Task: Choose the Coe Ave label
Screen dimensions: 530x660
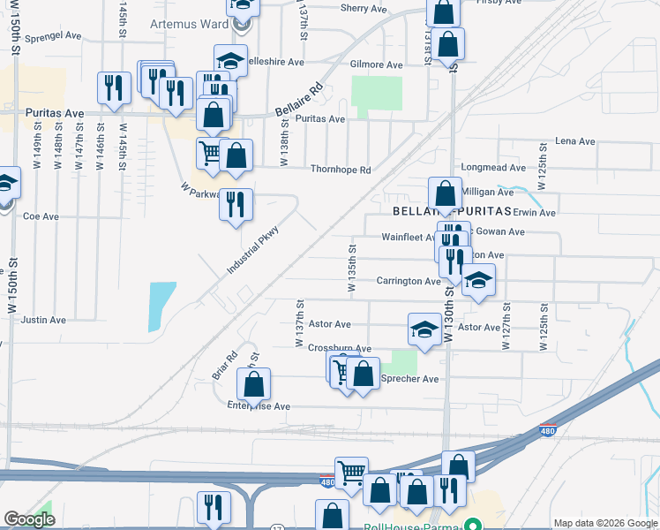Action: click(x=41, y=216)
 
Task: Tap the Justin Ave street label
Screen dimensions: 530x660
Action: click(x=43, y=320)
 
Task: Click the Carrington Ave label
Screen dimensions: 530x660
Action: click(x=409, y=282)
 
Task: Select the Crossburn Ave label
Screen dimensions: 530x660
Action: click(x=340, y=349)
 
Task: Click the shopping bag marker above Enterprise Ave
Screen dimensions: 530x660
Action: click(x=253, y=384)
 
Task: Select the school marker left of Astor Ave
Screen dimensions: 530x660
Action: click(x=424, y=329)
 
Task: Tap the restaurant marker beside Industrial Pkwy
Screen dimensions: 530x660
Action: click(x=236, y=205)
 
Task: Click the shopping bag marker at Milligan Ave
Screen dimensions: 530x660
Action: click(x=446, y=193)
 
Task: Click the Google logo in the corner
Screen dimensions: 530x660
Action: click(x=29, y=519)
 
